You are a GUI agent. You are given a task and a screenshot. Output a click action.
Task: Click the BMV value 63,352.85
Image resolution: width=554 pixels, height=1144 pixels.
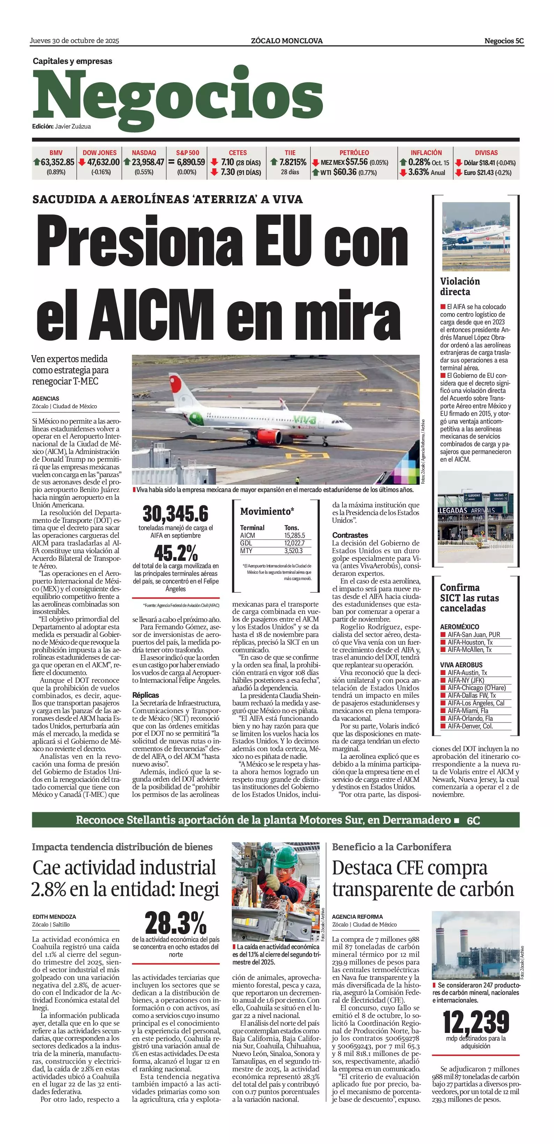[57, 162]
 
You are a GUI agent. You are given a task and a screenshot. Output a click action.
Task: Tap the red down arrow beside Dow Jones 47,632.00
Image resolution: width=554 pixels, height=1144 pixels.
[82, 162]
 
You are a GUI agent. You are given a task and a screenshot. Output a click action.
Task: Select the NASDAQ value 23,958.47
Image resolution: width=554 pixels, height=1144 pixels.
[148, 162]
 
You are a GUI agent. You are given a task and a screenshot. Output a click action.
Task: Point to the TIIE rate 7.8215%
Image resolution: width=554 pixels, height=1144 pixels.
[293, 162]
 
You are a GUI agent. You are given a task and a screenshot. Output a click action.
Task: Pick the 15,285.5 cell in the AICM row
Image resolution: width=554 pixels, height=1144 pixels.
[295, 536]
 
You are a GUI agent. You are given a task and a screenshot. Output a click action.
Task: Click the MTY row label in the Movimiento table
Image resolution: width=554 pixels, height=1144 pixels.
[246, 551]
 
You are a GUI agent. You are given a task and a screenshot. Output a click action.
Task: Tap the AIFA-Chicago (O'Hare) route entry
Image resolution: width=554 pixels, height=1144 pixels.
[476, 688]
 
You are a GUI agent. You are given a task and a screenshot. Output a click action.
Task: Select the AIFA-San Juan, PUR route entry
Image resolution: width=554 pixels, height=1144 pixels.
[474, 635]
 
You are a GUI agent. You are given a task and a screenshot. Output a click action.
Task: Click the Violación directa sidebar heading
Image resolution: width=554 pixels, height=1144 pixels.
[460, 286]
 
